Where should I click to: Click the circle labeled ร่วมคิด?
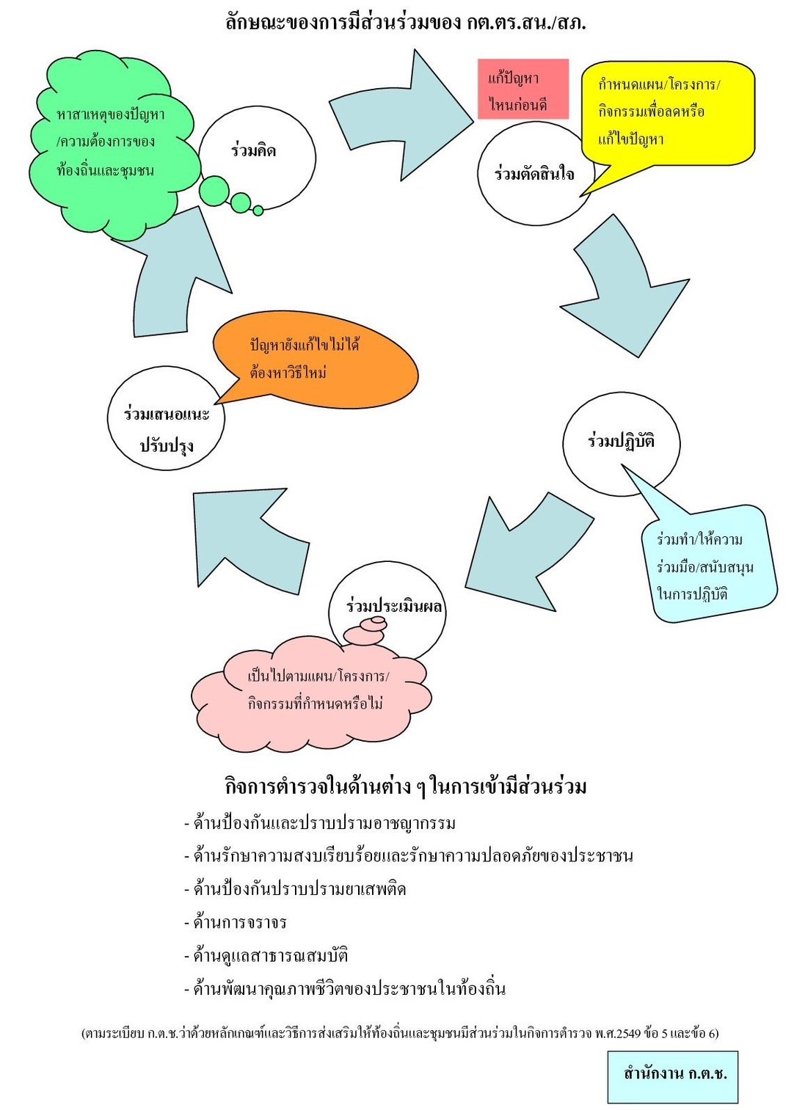tap(257, 155)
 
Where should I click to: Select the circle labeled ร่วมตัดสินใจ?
tap(533, 175)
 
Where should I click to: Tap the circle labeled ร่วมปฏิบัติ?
tap(621, 442)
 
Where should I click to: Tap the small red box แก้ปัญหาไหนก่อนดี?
tap(522, 90)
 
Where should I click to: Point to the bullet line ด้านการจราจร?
tap(239, 922)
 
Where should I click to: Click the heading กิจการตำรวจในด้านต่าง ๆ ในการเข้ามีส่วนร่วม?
tap(405, 786)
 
